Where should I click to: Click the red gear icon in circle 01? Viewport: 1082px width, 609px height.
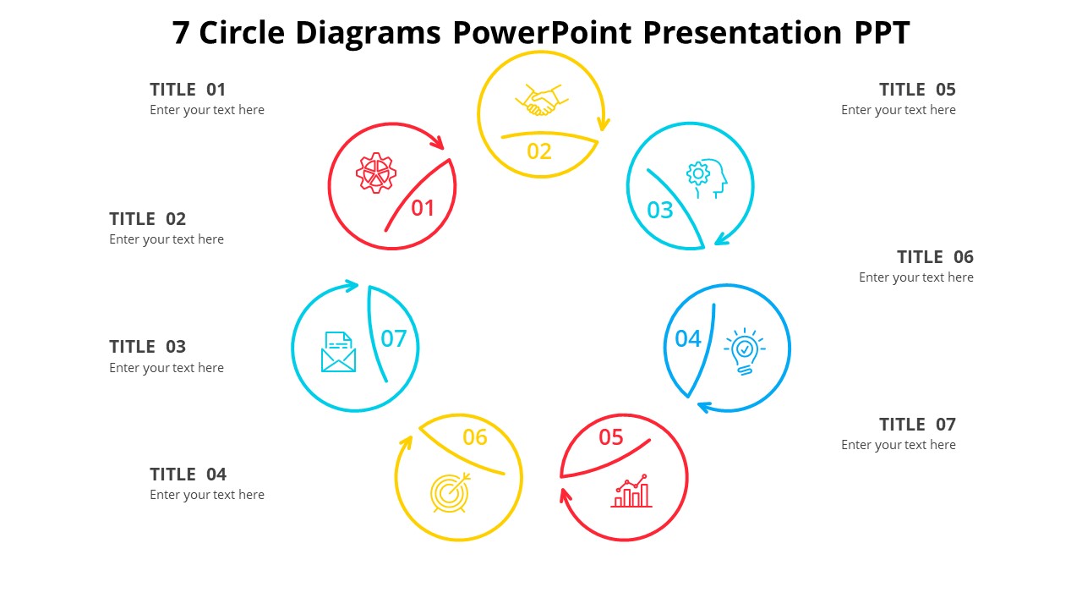(x=376, y=173)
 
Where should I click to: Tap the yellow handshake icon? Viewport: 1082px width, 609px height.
(x=539, y=100)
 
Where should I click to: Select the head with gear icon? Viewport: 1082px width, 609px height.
(x=707, y=178)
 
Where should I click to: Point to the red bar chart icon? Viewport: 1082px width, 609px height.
(x=631, y=491)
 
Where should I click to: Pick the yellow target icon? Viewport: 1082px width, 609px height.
(x=450, y=492)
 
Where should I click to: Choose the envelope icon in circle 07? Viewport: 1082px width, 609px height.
(x=338, y=352)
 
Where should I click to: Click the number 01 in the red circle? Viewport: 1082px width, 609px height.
(x=423, y=208)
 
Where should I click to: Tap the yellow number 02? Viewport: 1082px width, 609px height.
(x=538, y=151)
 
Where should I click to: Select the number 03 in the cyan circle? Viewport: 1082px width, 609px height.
(x=659, y=210)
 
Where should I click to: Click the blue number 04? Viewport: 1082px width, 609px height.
(x=687, y=339)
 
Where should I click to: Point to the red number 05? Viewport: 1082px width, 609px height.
(x=610, y=437)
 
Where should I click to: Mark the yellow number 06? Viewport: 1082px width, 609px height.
(x=475, y=437)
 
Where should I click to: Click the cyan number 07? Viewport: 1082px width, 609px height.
(x=394, y=339)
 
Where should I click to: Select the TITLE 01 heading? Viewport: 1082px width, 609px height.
(x=188, y=90)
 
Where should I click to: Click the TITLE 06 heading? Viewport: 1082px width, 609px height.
(x=935, y=257)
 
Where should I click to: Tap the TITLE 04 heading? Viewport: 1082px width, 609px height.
(x=188, y=475)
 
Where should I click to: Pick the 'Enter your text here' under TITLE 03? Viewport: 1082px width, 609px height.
(x=167, y=368)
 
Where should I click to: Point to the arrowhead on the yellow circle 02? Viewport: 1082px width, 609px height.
(x=603, y=125)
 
